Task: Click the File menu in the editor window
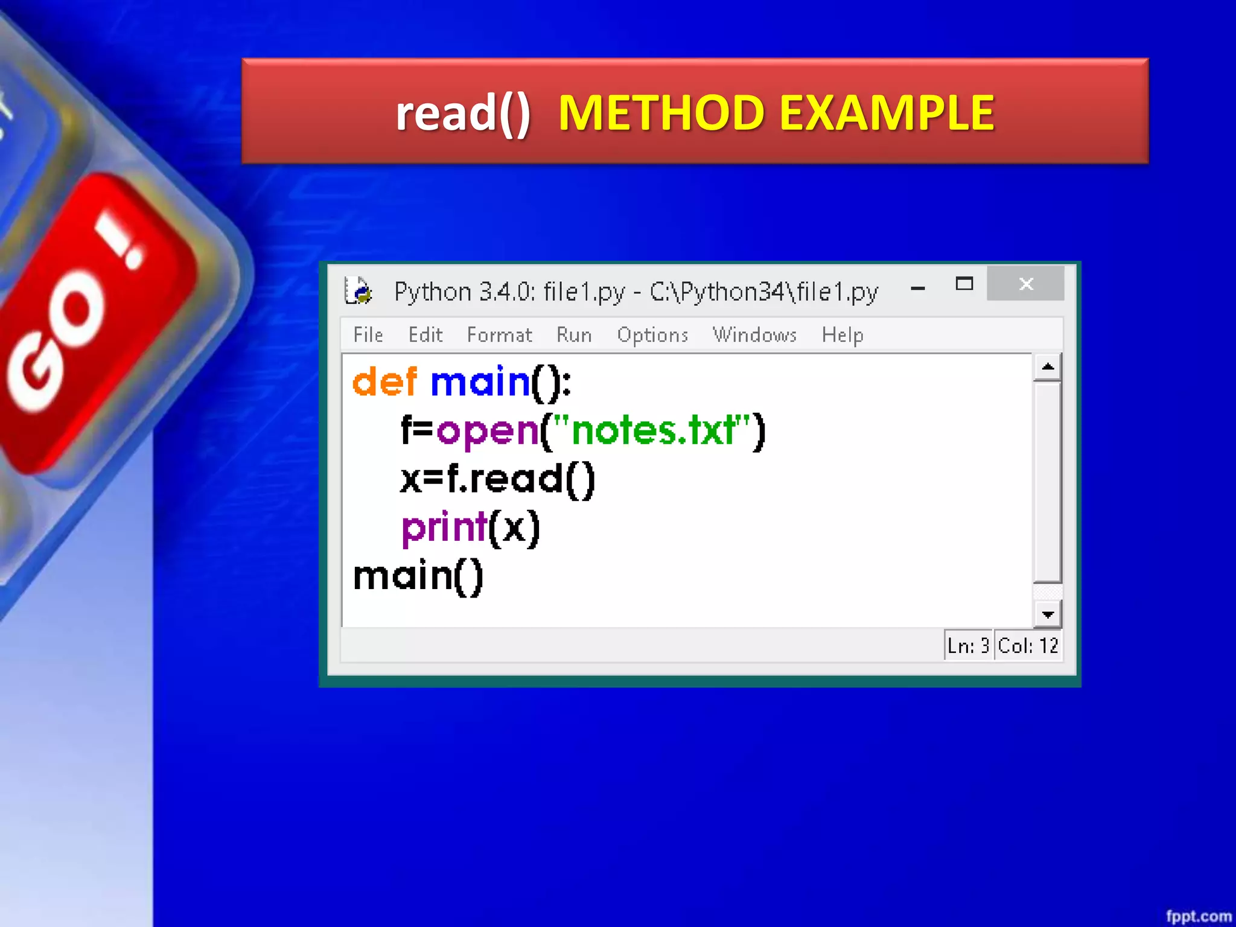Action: [368, 335]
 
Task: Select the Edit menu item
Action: [425, 335]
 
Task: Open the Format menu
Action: [499, 335]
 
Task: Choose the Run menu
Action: [573, 335]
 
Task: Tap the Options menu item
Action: [652, 336]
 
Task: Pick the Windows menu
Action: [754, 335]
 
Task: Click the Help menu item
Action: [842, 335]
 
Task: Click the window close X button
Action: [1025, 284]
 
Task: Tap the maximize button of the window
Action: [964, 284]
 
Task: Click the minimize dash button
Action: [918, 288]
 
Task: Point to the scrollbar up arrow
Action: [1048, 367]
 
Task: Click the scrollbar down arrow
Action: [1048, 615]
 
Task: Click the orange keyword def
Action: [384, 382]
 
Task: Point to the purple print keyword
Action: [444, 528]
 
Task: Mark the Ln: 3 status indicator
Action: [968, 646]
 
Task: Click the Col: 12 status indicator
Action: [1028, 646]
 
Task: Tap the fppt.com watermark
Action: [1198, 916]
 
